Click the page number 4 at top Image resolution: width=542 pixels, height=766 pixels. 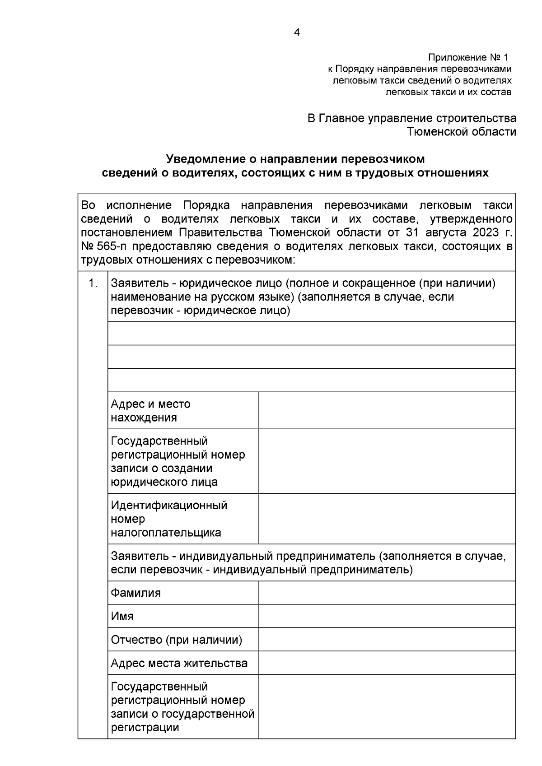tap(296, 32)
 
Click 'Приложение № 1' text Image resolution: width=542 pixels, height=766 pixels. tap(468, 58)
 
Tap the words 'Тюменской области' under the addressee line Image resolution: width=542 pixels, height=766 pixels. tap(462, 132)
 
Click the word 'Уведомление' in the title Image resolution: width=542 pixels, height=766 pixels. tap(205, 159)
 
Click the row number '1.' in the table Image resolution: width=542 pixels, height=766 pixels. tap(93, 283)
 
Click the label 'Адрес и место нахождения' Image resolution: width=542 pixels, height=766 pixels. tap(151, 410)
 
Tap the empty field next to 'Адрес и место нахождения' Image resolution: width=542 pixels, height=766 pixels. tap(387, 410)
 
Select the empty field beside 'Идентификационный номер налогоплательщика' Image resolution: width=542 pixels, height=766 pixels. tap(387, 519)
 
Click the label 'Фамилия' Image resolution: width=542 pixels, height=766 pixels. tap(136, 593)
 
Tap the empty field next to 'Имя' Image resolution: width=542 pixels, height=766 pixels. tap(387, 616)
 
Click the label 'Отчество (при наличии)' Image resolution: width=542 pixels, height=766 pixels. tap(177, 640)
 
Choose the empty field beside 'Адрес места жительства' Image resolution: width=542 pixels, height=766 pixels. tap(387, 663)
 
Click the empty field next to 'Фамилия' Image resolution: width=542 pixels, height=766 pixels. tap(387, 593)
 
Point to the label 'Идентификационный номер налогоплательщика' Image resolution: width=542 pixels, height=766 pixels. tap(168, 519)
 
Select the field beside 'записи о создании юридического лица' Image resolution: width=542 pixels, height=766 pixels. tap(387, 461)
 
